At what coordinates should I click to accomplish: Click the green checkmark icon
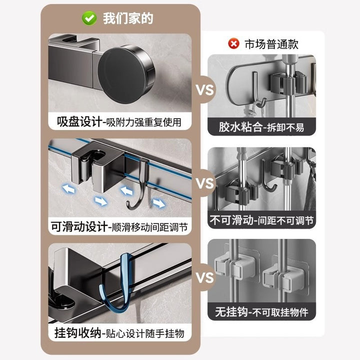pos(89,18)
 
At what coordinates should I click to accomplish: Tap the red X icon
pos(233,43)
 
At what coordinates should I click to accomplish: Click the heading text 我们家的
pos(128,18)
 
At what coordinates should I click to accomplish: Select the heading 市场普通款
pos(271,44)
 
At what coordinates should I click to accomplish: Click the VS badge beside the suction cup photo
pos(204,89)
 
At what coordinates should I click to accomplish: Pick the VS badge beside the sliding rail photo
pos(204,183)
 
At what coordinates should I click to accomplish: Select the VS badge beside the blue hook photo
pos(204,277)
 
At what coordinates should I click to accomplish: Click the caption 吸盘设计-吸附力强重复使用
pos(119,122)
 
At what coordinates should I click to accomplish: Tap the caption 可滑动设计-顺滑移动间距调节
pos(119,227)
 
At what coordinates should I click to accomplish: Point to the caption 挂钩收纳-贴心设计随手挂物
pos(119,333)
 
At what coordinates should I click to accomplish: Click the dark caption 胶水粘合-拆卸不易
pos(261,127)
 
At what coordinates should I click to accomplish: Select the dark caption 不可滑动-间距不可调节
pos(261,220)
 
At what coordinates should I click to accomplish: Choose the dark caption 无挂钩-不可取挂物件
pos(261,312)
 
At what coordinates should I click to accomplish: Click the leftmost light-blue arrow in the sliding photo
pos(69,189)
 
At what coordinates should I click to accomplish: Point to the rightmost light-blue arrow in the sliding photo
pos(158,203)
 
